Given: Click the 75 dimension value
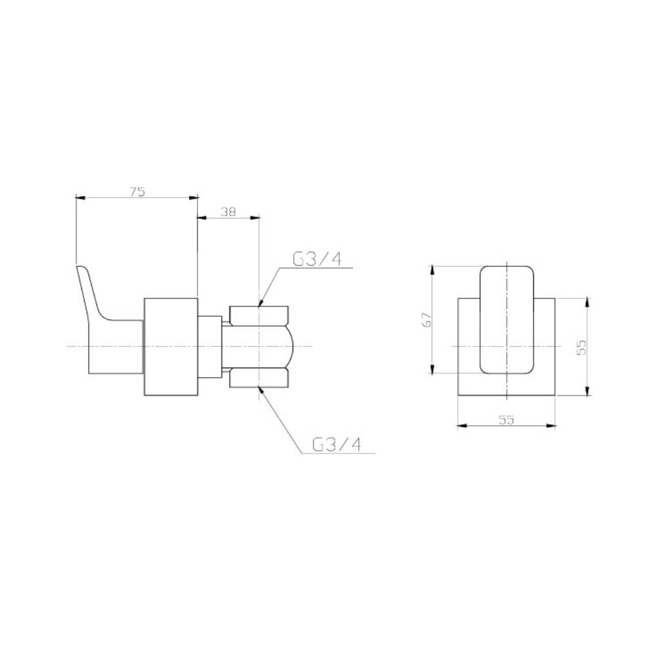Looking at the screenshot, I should (136, 192).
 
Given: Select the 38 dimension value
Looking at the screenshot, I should (228, 212).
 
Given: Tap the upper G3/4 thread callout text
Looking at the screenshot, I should (318, 259).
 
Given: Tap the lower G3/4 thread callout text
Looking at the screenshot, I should (337, 445).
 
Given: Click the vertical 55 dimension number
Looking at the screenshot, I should (580, 347).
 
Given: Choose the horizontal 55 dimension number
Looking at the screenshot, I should (506, 420).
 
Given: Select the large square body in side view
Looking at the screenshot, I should (170, 346).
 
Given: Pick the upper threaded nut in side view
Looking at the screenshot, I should (258, 316).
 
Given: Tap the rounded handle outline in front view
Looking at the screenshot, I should (507, 320).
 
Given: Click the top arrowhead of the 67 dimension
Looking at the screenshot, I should (432, 268).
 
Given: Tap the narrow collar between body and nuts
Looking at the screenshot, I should (210, 346).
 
